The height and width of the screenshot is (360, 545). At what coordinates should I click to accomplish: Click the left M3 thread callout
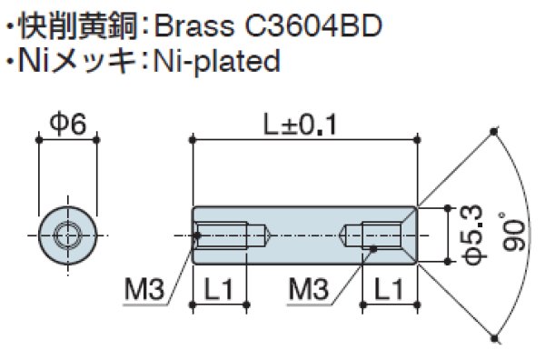[x=143, y=291]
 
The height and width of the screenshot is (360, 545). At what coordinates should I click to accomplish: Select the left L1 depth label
[x=219, y=291]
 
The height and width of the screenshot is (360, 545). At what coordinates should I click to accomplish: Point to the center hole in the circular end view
[x=66, y=235]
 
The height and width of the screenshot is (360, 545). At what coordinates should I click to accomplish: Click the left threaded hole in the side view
[x=229, y=235]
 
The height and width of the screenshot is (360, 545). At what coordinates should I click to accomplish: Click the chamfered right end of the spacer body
[x=414, y=235]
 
